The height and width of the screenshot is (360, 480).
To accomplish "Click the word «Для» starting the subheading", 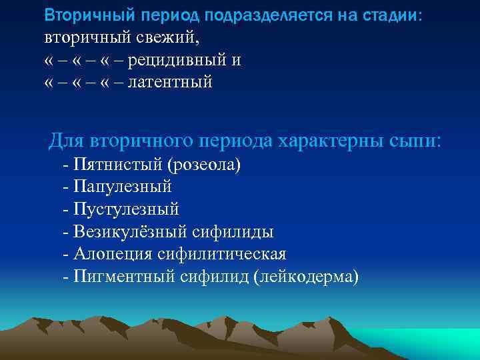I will coord(65,141).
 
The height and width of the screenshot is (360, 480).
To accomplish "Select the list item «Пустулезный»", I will coord(127,209).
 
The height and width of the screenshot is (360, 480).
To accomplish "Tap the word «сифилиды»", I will coord(233,231).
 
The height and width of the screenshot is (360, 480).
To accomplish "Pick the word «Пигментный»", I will coord(124,276).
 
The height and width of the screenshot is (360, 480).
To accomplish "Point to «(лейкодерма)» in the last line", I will coord(306,276).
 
